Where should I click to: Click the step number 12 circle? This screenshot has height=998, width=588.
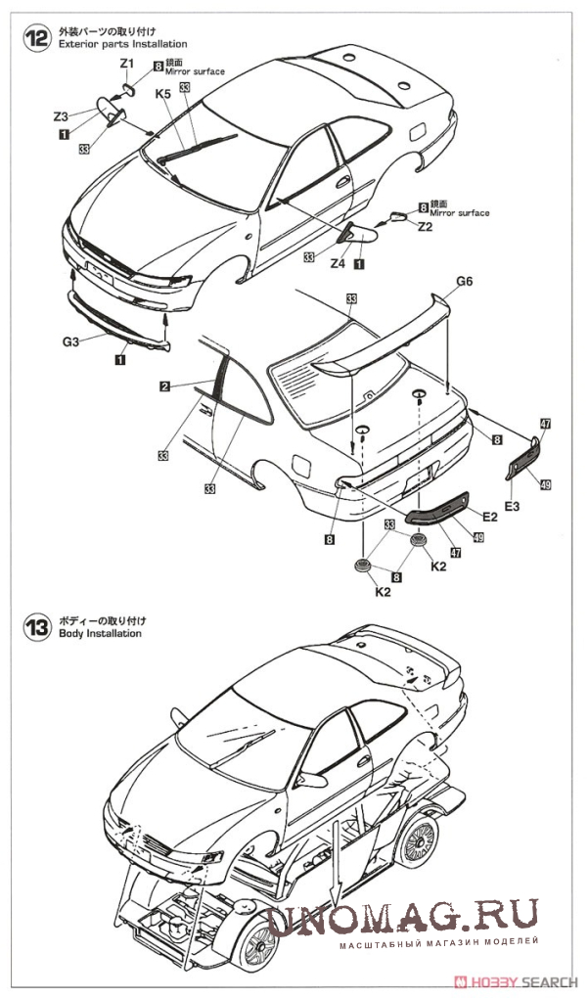pyautogui.click(x=36, y=38)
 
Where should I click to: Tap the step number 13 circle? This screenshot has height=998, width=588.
pyautogui.click(x=36, y=627)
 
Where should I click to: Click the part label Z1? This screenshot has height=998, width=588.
pyautogui.click(x=126, y=64)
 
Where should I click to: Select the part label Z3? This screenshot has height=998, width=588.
pyautogui.click(x=62, y=115)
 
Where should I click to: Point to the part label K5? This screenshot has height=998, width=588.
pyautogui.click(x=162, y=94)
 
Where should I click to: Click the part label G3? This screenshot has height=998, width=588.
pyautogui.click(x=70, y=341)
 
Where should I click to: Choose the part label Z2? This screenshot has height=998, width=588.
pyautogui.click(x=425, y=226)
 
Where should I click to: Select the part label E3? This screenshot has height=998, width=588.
pyautogui.click(x=515, y=505)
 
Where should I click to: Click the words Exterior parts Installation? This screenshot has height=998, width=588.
pyautogui.click(x=122, y=45)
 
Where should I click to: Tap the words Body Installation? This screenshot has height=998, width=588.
pyautogui.click(x=100, y=633)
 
